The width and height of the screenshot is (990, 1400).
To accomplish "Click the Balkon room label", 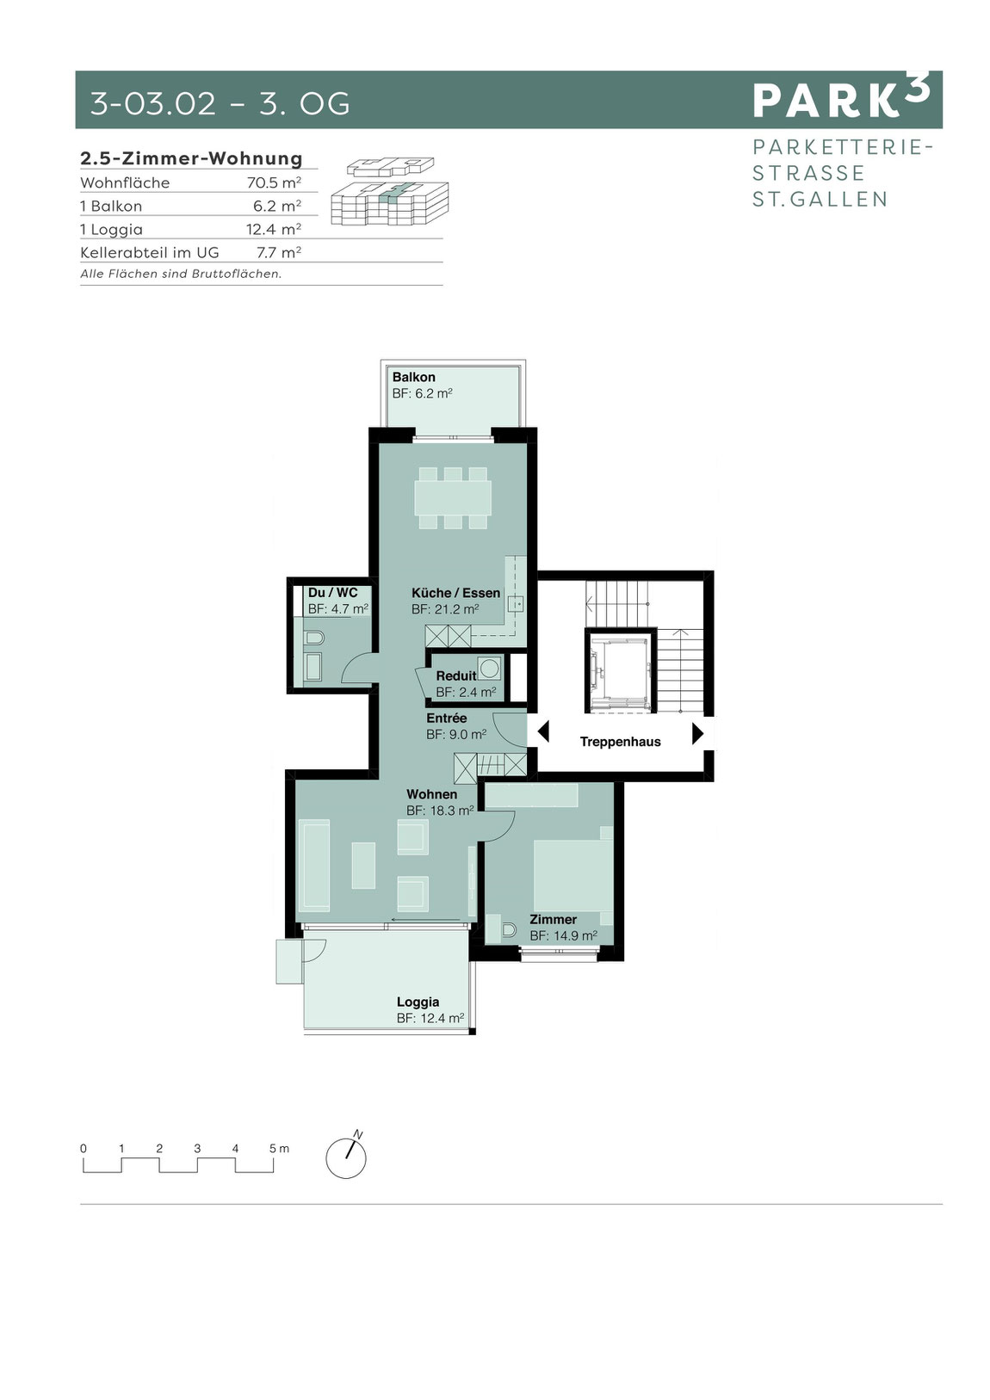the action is point(413,377).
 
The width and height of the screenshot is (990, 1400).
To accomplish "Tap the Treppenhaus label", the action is point(620,742).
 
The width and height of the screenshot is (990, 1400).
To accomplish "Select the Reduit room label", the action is point(456,675).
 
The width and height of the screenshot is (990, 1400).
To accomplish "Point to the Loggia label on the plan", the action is point(418,1002).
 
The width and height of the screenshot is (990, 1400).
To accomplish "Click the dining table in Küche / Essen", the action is point(453,498).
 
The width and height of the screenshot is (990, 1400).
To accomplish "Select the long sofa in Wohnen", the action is point(314,866).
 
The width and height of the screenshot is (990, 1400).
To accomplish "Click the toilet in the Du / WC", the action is point(313,638).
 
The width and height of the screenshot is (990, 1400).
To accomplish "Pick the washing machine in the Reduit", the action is point(489,668).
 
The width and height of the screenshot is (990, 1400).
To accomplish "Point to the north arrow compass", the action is point(346,1156).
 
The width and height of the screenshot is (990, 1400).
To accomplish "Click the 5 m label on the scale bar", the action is point(280,1148).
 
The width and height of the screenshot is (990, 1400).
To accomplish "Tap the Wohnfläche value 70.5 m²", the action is point(274,182).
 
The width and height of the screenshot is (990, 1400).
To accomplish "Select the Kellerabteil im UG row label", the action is point(150,252).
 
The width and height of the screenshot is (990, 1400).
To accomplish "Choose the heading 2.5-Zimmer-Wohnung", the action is point(191,158).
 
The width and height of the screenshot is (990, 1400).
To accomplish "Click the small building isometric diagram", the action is point(389,191).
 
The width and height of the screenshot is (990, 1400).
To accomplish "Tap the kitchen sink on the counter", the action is point(516,604).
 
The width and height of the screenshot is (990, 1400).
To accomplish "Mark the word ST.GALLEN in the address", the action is point(820,200).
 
